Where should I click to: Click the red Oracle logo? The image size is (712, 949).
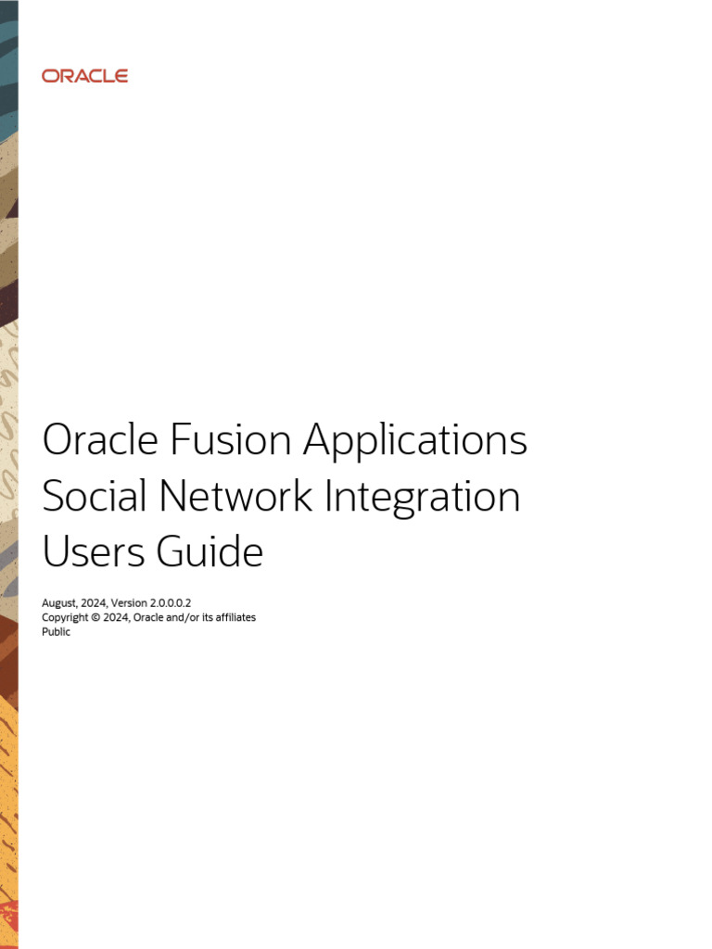pos(84,76)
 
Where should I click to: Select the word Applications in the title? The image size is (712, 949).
pos(415,441)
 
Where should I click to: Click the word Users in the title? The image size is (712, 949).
pos(92,552)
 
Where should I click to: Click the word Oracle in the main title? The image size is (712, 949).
pos(100,440)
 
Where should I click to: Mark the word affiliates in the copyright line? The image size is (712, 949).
pos(232,617)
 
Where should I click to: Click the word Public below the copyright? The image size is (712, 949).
pos(57,632)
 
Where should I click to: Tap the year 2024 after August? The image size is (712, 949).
pos(95,602)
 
